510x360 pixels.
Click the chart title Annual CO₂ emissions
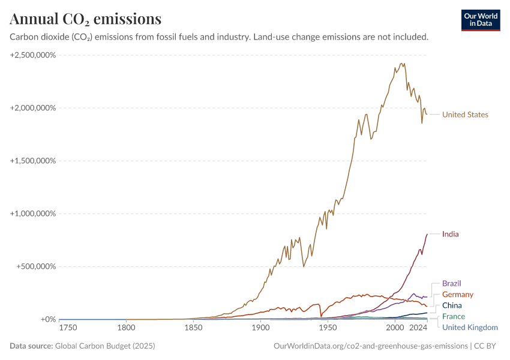(x=85, y=19)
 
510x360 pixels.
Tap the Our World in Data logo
(x=480, y=20)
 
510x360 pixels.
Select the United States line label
(x=465, y=115)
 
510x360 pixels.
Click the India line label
(x=450, y=234)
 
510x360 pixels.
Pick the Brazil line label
(x=452, y=283)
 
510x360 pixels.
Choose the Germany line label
(x=457, y=295)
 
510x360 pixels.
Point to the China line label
(x=452, y=305)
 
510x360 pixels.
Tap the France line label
(x=453, y=316)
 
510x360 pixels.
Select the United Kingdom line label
(x=470, y=327)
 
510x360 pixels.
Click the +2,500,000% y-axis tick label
(x=33, y=55)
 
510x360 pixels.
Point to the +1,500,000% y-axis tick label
(x=33, y=161)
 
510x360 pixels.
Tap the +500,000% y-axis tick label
(x=35, y=266)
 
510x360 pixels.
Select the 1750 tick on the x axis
(x=68, y=328)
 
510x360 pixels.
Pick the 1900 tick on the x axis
(x=260, y=328)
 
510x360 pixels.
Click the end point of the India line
(x=427, y=234)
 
